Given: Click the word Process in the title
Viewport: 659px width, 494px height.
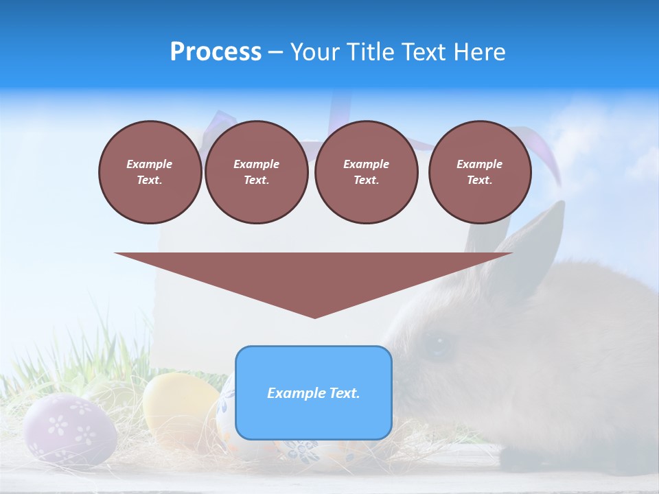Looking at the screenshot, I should click(x=216, y=52).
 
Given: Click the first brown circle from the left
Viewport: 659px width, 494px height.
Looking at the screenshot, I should click(x=150, y=172).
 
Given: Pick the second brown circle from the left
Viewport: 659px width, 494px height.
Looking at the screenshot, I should click(x=256, y=172).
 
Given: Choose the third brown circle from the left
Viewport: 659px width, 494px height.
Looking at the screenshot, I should click(x=366, y=172).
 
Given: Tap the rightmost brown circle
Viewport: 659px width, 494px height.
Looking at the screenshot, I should click(x=479, y=172).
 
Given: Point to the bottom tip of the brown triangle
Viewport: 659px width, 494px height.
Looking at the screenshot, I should click(x=314, y=317).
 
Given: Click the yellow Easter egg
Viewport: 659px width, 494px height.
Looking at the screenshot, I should click(x=178, y=405).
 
